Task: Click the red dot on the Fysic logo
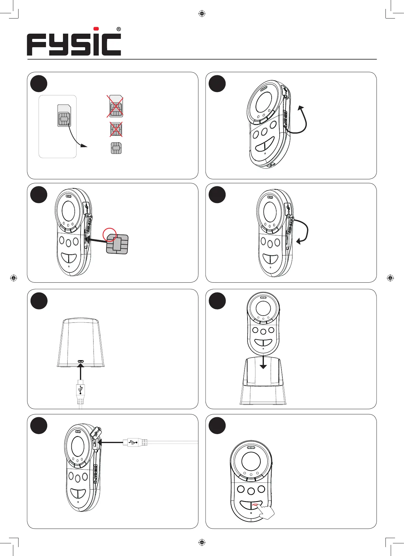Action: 96,29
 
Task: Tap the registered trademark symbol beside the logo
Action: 119,29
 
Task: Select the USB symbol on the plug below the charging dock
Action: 81,390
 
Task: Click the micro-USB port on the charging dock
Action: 81,361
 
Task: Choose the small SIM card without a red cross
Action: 116,148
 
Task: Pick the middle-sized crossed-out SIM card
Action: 116,129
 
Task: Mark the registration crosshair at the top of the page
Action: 202,14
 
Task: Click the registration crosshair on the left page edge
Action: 13,278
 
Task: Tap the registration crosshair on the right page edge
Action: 390,278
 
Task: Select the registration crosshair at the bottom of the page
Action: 202,542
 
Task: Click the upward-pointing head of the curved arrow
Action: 301,108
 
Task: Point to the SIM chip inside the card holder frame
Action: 64,118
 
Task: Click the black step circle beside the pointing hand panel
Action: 217,425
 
